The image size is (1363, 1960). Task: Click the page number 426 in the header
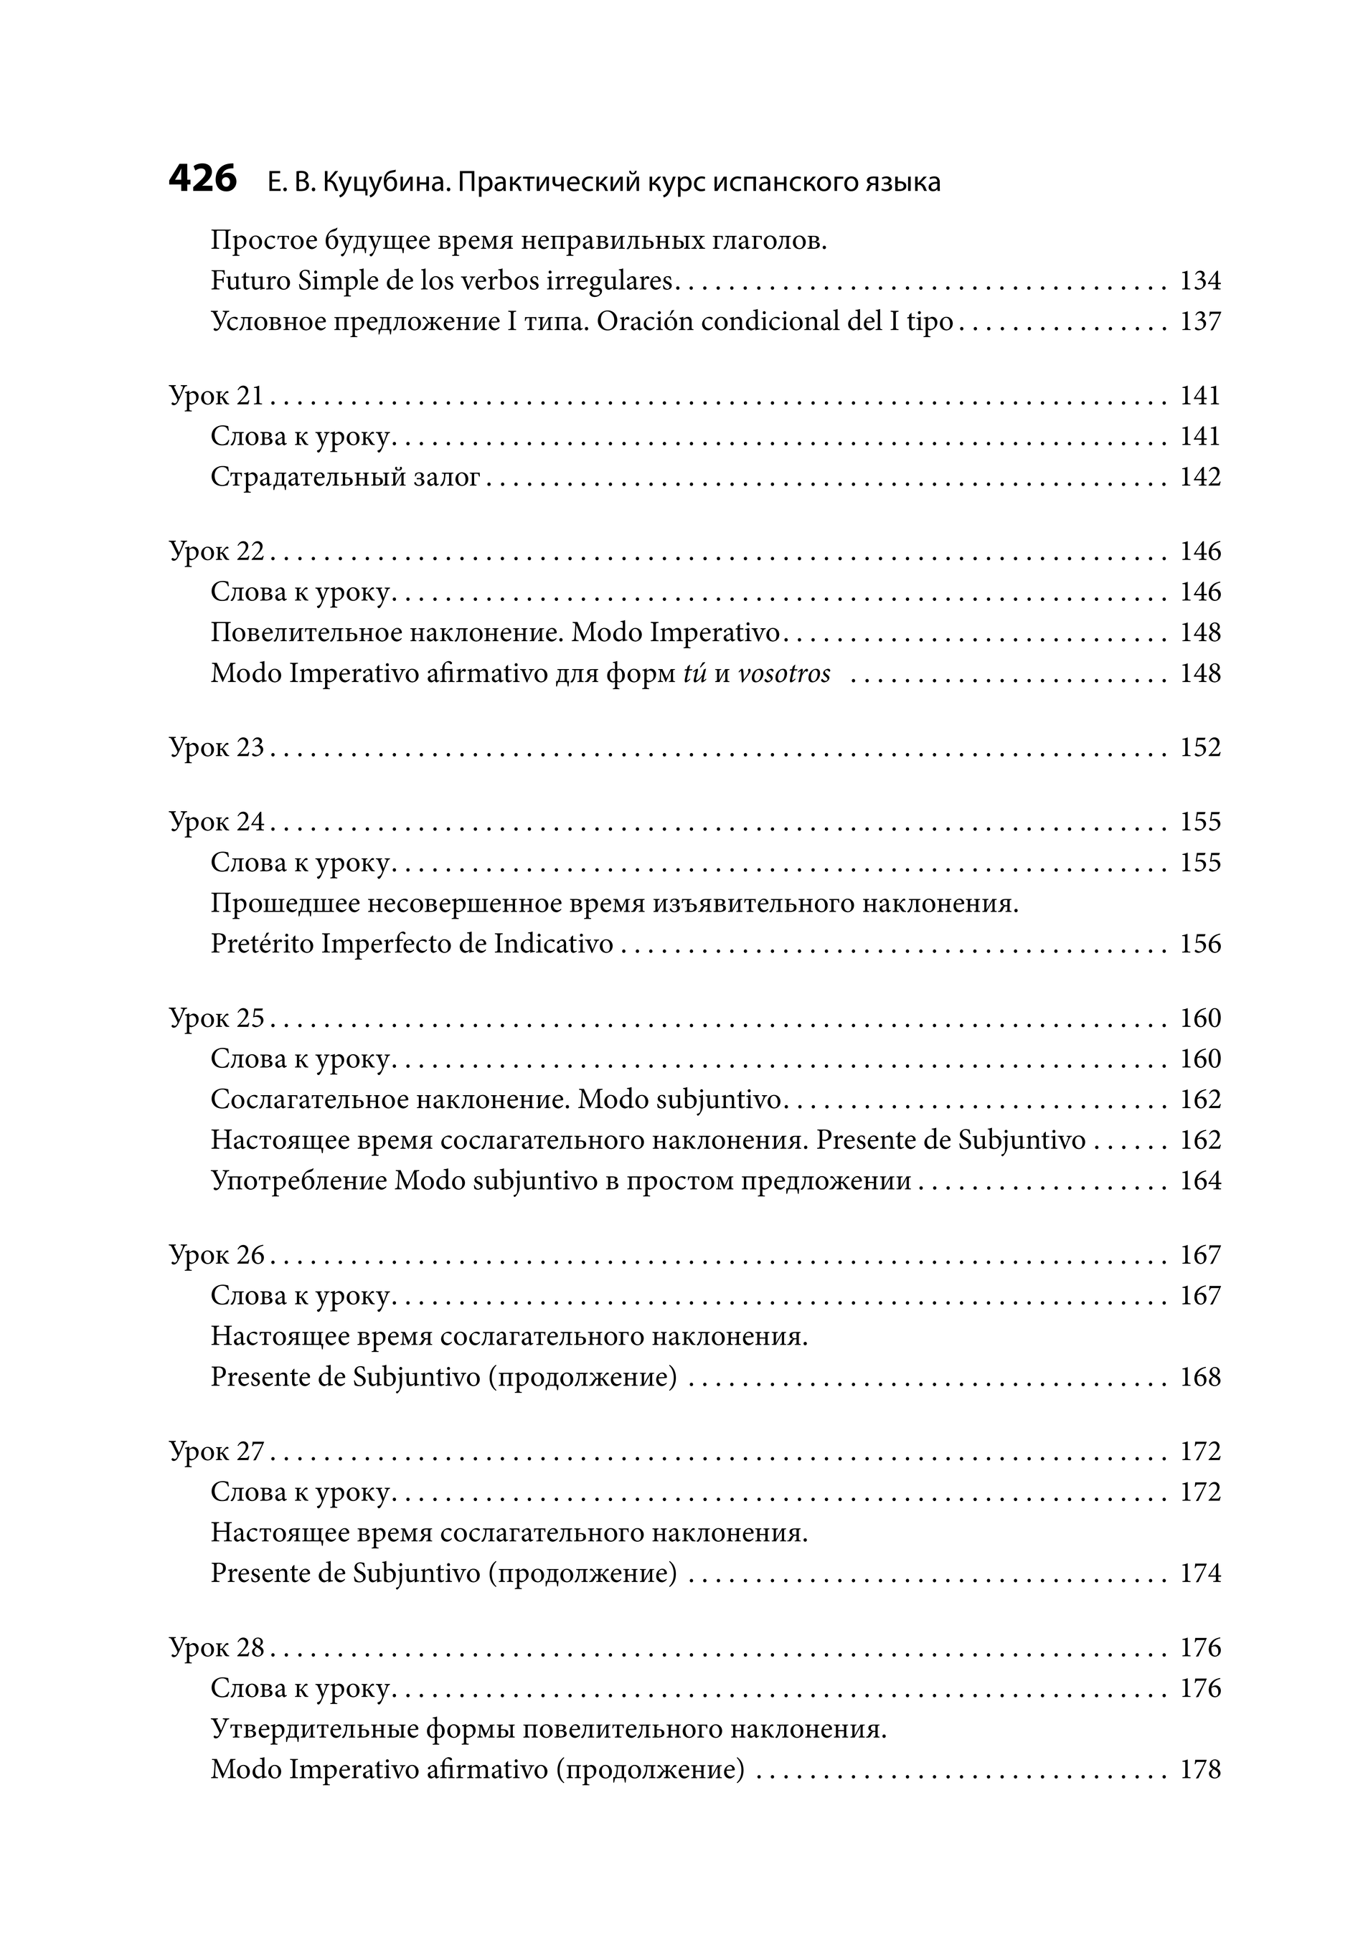tap(202, 180)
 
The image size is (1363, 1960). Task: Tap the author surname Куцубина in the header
tap(385, 183)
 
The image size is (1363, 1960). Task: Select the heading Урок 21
tap(217, 396)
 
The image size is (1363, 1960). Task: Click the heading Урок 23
tap(217, 748)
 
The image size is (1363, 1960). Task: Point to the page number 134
tap(1200, 281)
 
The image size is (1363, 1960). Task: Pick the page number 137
tap(1200, 322)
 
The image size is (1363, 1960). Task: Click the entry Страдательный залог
tap(345, 477)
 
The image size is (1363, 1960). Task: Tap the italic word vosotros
tap(783, 674)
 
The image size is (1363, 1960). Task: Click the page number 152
tap(1200, 748)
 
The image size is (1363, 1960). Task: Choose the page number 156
tap(1200, 945)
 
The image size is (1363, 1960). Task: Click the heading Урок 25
tap(217, 1018)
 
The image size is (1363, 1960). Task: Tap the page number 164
tap(1200, 1181)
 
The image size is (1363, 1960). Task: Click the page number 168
tap(1200, 1378)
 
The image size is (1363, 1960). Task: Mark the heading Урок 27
tap(217, 1452)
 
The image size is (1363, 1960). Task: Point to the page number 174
tap(1200, 1574)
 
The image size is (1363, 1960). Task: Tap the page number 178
tap(1200, 1771)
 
